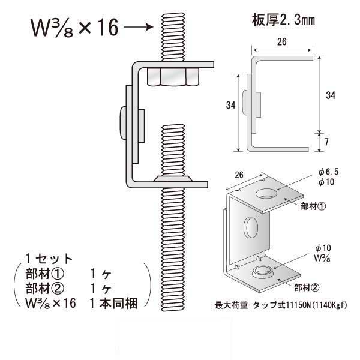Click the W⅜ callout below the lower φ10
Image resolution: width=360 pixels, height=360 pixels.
323,256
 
